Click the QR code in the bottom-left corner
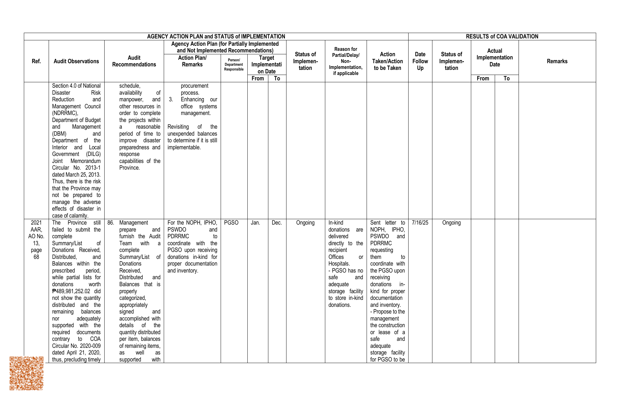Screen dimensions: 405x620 (x=26, y=373)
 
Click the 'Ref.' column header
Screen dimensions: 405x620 (x=36, y=61)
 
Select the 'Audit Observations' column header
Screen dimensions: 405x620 (x=76, y=61)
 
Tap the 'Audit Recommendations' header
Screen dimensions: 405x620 (x=134, y=61)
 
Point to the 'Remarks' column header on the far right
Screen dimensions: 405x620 (x=557, y=61)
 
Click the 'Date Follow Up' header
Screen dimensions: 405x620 (x=420, y=61)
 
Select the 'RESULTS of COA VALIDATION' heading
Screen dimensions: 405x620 (x=502, y=37)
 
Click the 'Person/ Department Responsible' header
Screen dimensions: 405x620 (x=234, y=65)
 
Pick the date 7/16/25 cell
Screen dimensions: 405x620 (x=420, y=223)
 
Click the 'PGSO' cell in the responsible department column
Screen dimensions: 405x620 (x=231, y=223)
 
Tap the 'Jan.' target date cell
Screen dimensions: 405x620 (x=255, y=223)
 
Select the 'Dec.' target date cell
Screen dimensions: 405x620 (x=277, y=223)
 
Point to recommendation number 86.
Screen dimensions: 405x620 (x=111, y=223)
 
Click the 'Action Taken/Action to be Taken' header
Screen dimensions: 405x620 (x=387, y=61)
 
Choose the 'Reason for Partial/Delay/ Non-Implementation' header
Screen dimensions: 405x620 (x=346, y=61)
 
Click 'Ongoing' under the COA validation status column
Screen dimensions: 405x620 (x=451, y=223)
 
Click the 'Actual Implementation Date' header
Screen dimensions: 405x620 (x=494, y=57)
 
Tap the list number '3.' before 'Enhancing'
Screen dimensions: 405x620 (x=171, y=99)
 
